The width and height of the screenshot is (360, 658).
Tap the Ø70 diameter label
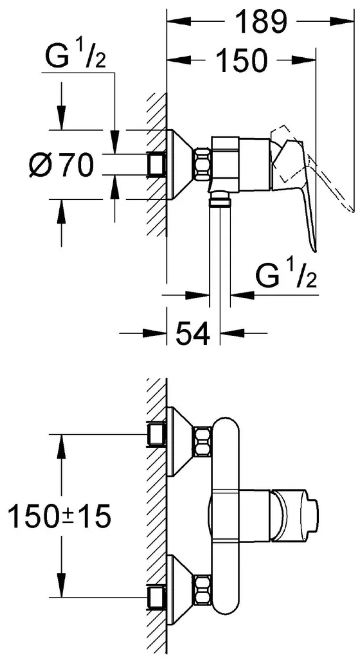click(61, 164)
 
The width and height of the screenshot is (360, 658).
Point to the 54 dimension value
click(192, 333)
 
